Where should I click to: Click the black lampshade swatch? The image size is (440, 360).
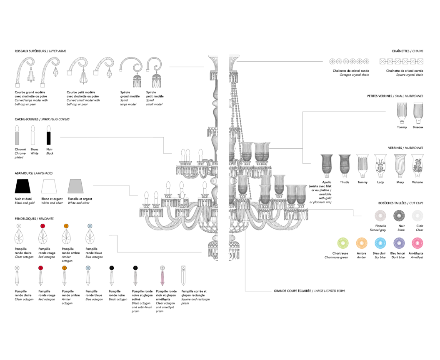[x=23, y=186]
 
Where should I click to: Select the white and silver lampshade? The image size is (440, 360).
[x=49, y=186]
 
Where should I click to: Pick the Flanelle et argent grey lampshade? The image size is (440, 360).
[x=76, y=186]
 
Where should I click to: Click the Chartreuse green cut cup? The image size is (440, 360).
[x=342, y=243]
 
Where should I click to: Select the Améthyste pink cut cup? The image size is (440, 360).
[x=417, y=243]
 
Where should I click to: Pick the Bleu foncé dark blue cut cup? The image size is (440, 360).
[x=399, y=243]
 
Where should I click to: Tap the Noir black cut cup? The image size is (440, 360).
[x=399, y=215]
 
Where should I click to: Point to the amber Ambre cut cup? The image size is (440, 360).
[x=361, y=243]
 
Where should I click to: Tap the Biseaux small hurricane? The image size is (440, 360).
[x=418, y=113]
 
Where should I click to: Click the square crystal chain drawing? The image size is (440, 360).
[x=401, y=62]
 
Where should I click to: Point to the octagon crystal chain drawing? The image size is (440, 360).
[x=350, y=62]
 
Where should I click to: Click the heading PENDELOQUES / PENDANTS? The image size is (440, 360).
[x=34, y=219]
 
